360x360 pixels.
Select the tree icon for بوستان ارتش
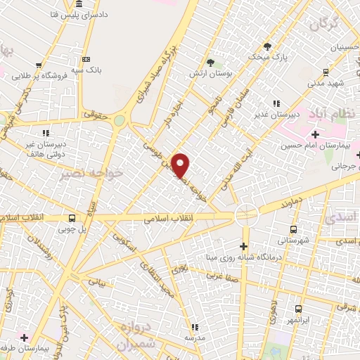(x=210, y=63)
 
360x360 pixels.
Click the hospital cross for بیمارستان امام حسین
(x=315, y=134)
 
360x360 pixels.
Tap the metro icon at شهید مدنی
(x=326, y=72)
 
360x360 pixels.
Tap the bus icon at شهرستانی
(x=293, y=230)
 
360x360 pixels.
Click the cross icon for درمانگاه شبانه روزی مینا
(x=244, y=246)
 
